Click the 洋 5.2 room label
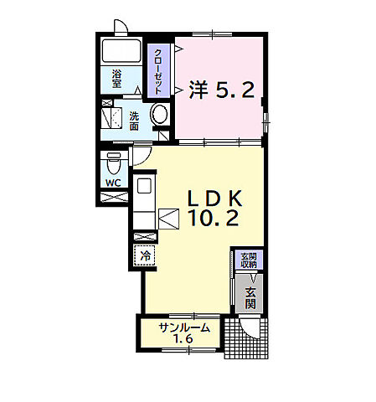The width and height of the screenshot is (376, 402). tap(222, 90)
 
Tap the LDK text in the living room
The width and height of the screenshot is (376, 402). tap(214, 198)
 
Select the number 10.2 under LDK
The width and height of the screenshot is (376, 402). tap(214, 218)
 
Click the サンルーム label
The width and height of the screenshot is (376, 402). tap(184, 327)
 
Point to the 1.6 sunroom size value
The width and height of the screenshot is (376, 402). tap(183, 339)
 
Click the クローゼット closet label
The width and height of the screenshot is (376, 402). tap(158, 71)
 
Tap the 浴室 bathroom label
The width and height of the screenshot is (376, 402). tap(116, 79)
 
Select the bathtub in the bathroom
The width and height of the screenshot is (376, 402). tap(121, 51)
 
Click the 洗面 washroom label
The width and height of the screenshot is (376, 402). tap(134, 121)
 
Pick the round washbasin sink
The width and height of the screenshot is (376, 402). tap(160, 114)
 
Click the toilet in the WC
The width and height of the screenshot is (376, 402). tap(114, 163)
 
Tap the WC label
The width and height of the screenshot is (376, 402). tap(113, 183)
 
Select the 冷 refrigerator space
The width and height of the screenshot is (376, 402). tap(145, 255)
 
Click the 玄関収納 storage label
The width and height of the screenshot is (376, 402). tap(249, 260)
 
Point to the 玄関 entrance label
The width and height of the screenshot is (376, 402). tap(250, 298)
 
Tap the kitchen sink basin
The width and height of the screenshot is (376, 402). tap(144, 185)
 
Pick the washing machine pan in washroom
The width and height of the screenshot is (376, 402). tap(111, 118)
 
